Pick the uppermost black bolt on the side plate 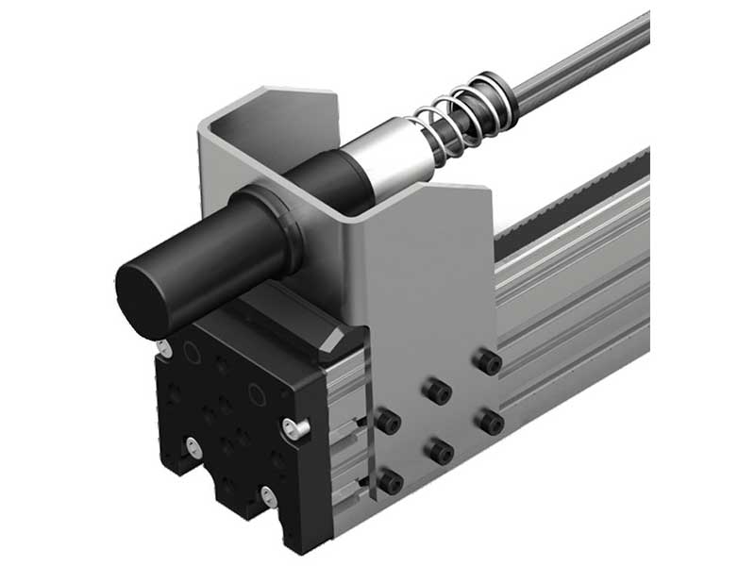tap(487, 359)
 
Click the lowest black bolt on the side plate tap(390, 484)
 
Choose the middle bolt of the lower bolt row tap(440, 453)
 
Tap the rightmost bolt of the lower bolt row tap(489, 421)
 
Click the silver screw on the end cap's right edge tap(296, 429)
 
